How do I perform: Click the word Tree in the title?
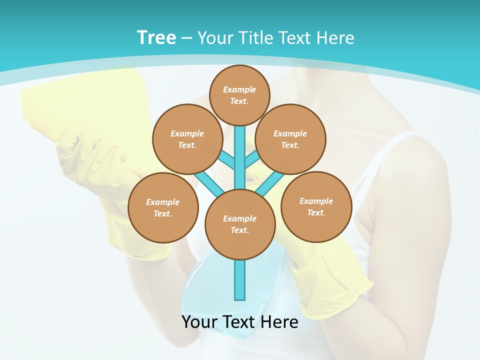(156, 38)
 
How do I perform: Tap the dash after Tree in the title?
(186, 38)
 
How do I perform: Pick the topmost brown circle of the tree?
(239, 95)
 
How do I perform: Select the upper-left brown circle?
(187, 139)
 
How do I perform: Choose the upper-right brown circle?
(290, 139)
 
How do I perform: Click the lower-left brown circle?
(163, 207)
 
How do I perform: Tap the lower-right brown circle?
(316, 206)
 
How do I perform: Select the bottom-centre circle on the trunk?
(240, 224)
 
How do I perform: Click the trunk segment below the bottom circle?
(240, 280)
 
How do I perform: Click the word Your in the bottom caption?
(200, 322)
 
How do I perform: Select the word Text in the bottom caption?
(240, 322)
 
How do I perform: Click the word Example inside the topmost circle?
(239, 89)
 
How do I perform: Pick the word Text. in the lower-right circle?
(316, 212)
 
